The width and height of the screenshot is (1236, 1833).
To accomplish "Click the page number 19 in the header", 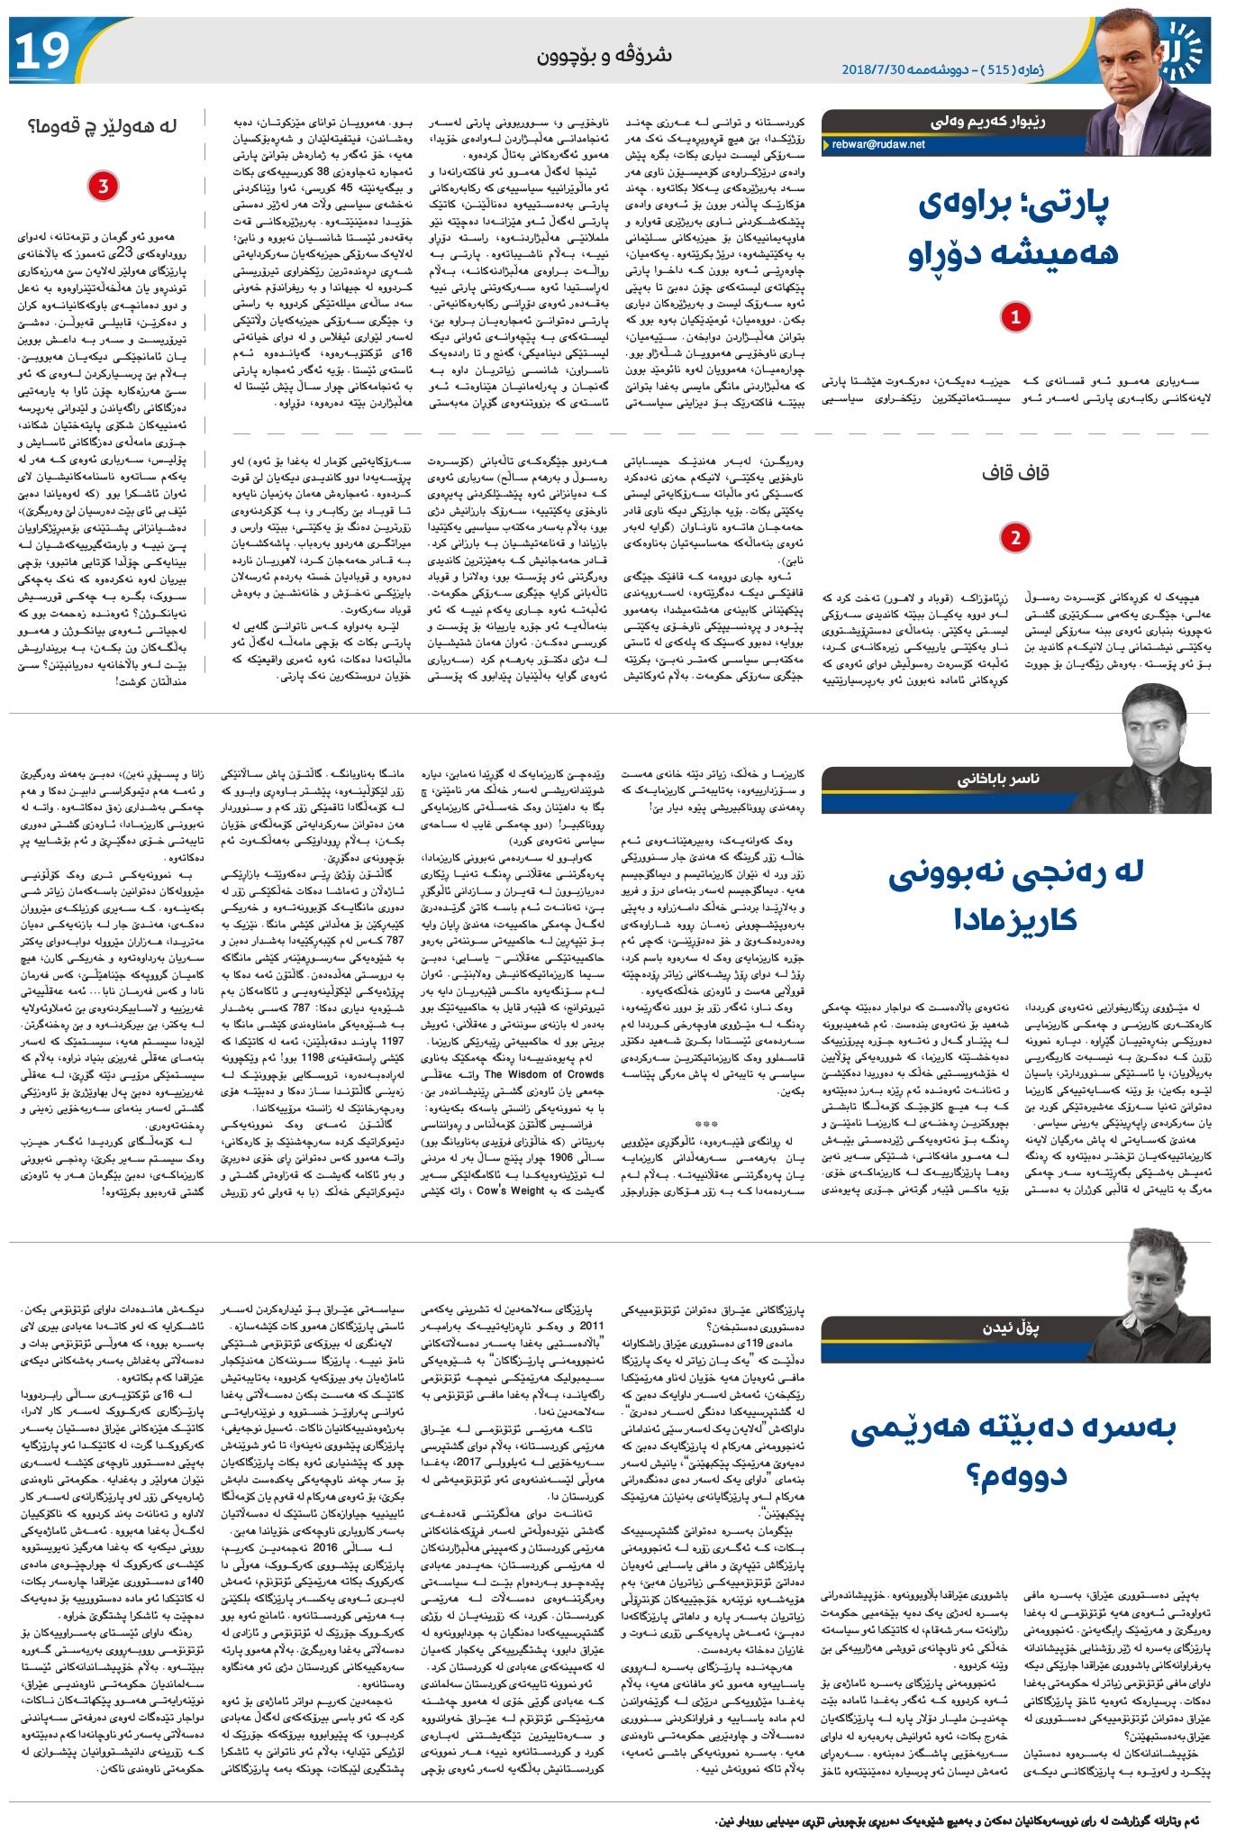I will [x=42, y=50].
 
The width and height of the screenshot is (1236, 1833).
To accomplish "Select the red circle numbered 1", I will [x=1015, y=317].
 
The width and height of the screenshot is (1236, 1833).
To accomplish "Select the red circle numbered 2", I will [x=1015, y=538].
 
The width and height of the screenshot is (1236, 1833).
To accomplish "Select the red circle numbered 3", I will [x=104, y=187].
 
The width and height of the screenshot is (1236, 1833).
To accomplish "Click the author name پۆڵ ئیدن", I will [x=1011, y=1328].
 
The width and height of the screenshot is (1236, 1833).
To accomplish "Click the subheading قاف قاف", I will [x=1015, y=471].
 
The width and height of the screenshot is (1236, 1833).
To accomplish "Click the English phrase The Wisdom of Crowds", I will [x=544, y=1074].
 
